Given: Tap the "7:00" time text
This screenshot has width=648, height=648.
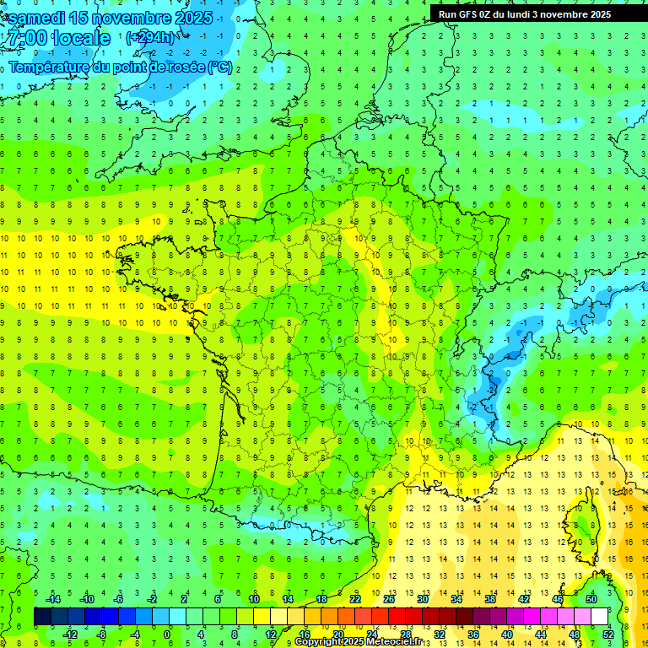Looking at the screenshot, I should point(24,38).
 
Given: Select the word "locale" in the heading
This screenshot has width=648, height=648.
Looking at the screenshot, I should point(81,38).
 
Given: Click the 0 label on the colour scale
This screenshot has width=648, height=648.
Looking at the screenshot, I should point(168,634).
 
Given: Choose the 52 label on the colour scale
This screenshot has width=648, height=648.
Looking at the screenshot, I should point(608,634).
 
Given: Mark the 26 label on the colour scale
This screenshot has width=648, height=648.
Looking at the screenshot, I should point(389,599).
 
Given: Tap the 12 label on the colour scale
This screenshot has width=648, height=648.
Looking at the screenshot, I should point(270,634).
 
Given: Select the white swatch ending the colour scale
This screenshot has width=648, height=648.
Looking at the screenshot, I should point(600,617).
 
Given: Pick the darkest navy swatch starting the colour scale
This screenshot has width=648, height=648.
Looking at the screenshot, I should point(42,617).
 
